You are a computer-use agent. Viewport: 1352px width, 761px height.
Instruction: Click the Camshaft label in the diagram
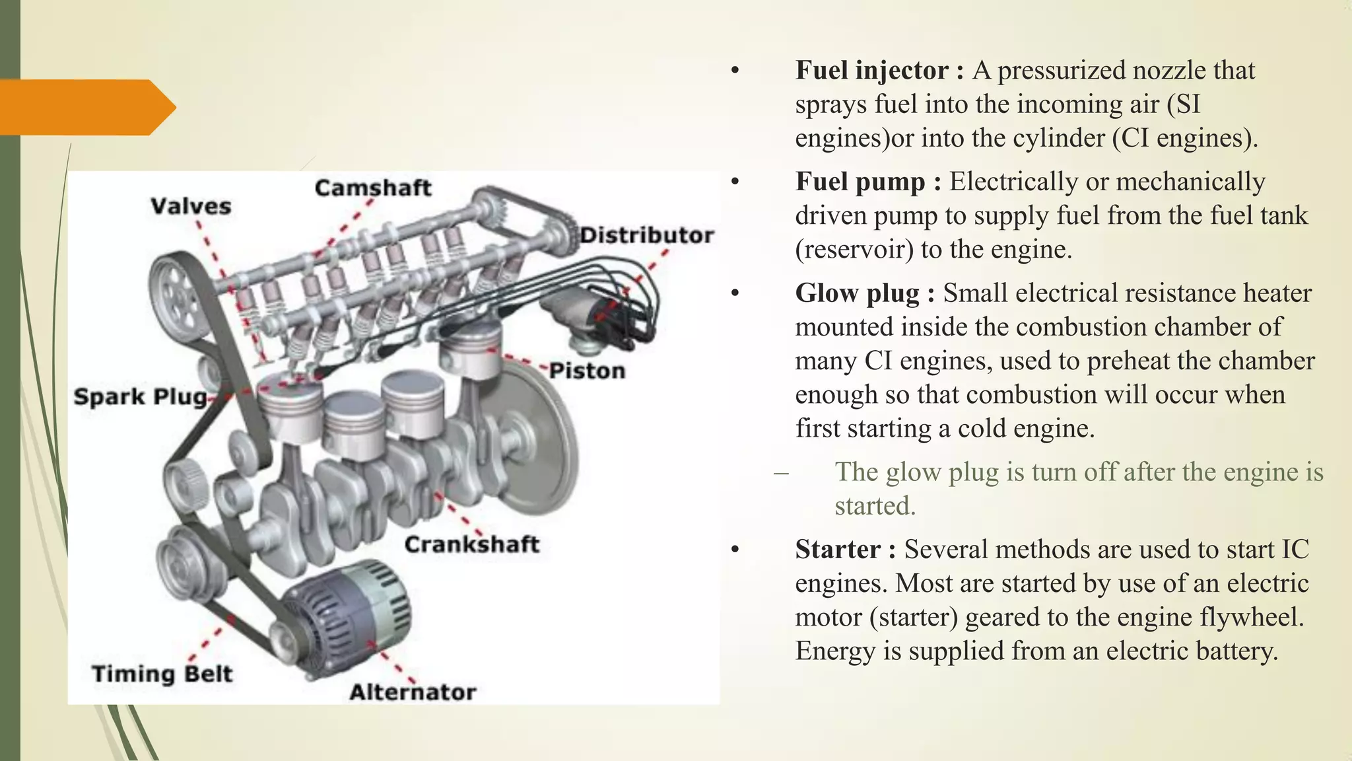pos(372,188)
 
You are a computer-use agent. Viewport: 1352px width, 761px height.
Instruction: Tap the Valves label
pos(191,207)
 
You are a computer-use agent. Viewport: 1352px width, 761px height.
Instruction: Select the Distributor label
pos(646,235)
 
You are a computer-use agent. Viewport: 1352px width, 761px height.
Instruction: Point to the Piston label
pos(587,371)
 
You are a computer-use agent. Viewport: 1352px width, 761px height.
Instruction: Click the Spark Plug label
pos(140,397)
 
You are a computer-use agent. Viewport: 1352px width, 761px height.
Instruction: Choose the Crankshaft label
pos(471,545)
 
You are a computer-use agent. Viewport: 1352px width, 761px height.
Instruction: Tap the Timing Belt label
pos(162,674)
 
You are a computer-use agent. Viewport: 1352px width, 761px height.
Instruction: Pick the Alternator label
pos(413,692)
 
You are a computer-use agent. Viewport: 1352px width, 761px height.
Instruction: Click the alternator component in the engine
pos(347,614)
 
